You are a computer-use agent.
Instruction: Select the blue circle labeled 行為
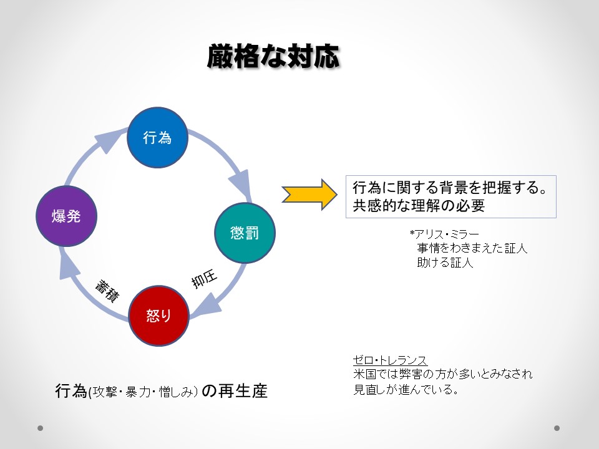pyautogui.click(x=157, y=138)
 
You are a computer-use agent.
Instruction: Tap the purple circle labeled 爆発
pyautogui.click(x=66, y=216)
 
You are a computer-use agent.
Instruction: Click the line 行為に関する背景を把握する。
pyautogui.click(x=450, y=187)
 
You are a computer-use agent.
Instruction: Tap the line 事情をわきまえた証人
pyautogui.click(x=472, y=248)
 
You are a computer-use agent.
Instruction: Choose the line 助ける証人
pyautogui.click(x=446, y=263)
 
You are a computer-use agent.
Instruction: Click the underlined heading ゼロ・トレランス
pyautogui.click(x=390, y=360)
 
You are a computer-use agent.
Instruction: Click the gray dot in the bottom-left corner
pyautogui.click(x=41, y=428)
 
